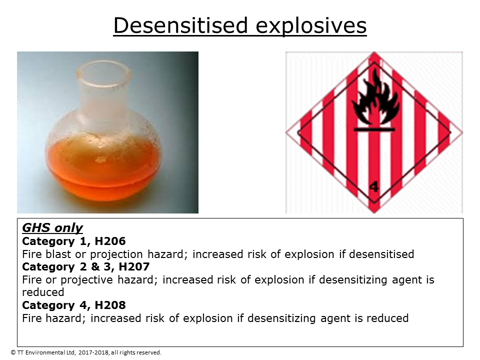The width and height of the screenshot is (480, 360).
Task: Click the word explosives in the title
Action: (311, 25)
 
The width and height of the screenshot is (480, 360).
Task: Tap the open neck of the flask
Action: (107, 74)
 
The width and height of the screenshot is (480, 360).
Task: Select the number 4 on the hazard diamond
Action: (374, 187)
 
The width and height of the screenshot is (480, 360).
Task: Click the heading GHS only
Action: (52, 228)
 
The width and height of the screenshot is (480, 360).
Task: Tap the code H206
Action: (108, 241)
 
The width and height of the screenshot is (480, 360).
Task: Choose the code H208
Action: (108, 305)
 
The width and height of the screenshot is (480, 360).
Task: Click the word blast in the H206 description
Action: (59, 254)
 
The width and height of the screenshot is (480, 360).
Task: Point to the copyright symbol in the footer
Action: (13, 352)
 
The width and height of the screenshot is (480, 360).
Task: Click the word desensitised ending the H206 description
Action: (381, 254)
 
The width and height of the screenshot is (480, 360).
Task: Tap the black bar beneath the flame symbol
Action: (373, 129)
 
